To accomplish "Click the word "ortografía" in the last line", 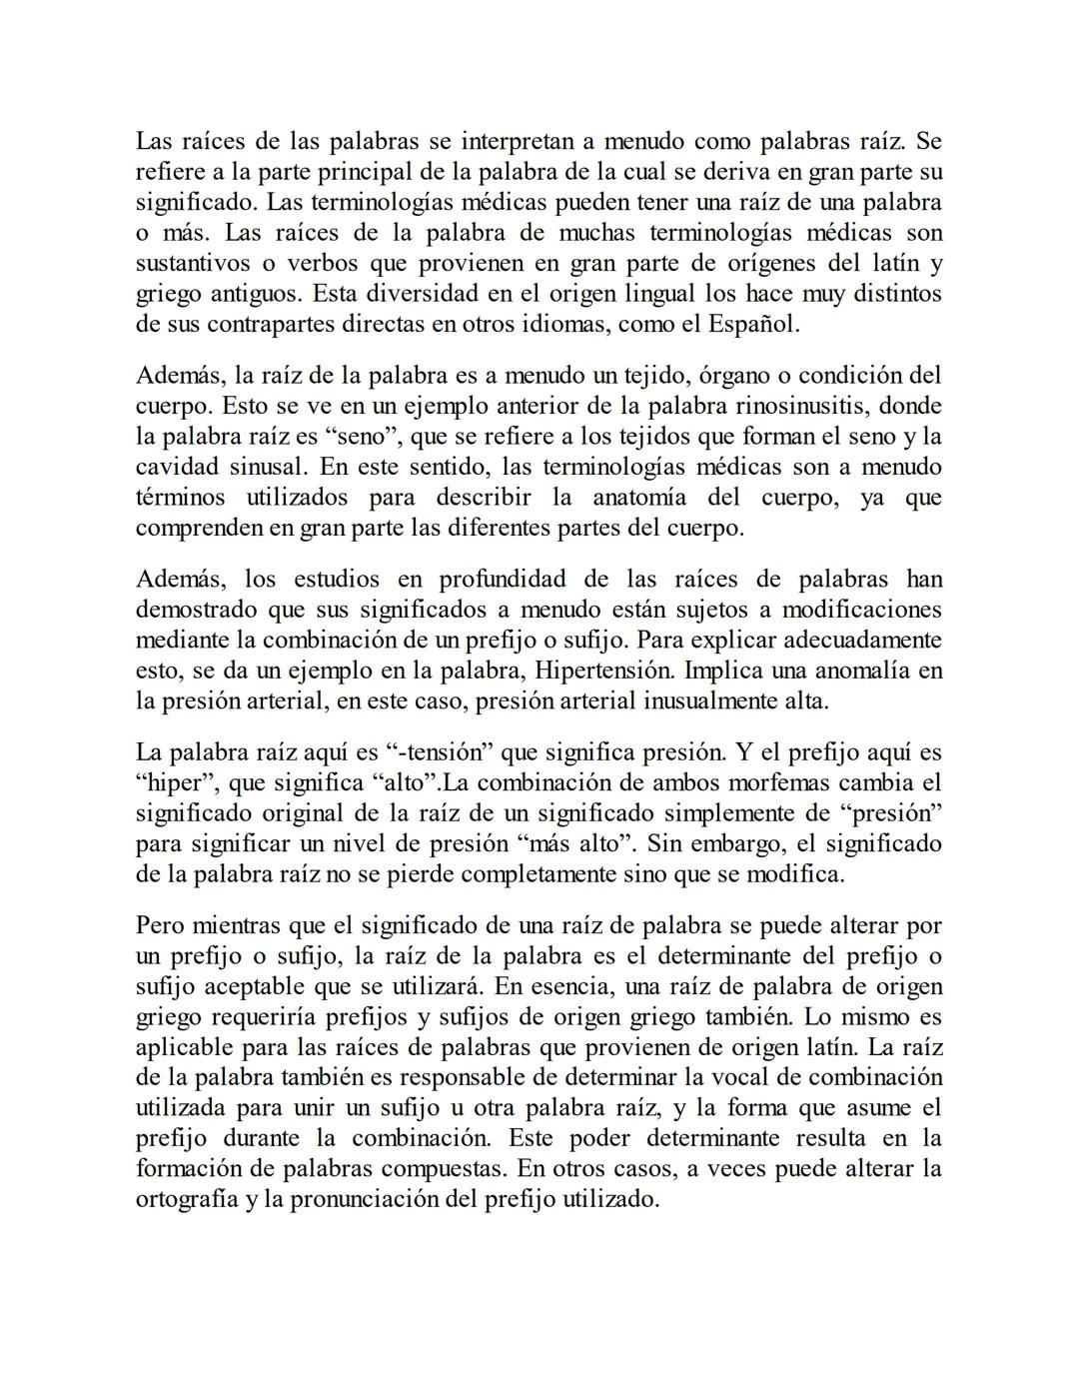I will [186, 1199].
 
